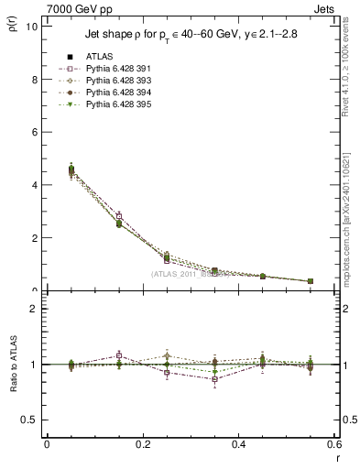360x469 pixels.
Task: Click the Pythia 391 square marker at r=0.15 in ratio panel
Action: pos(118,355)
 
